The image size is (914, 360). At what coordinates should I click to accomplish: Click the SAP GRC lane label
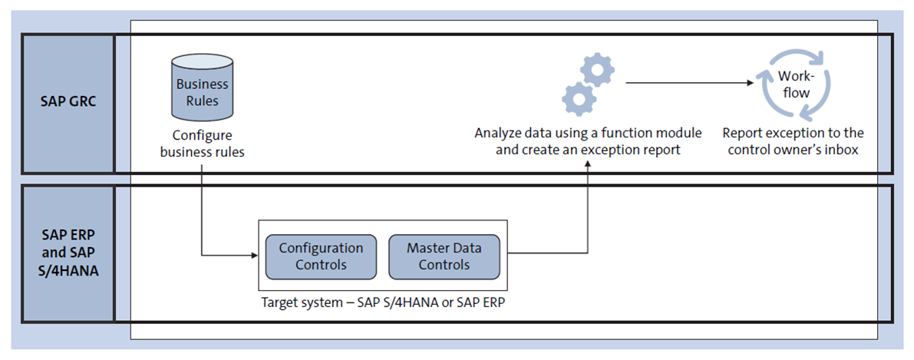pyautogui.click(x=68, y=101)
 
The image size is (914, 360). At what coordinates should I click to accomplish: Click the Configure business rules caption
pyautogui.click(x=203, y=144)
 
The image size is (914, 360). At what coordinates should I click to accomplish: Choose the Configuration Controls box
pyautogui.click(x=321, y=256)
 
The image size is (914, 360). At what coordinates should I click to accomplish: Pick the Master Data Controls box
pyautogui.click(x=444, y=256)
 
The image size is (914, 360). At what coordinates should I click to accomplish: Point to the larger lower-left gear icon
pyautogui.click(x=578, y=100)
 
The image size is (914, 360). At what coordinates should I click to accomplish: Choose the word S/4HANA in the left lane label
pyautogui.click(x=68, y=271)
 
